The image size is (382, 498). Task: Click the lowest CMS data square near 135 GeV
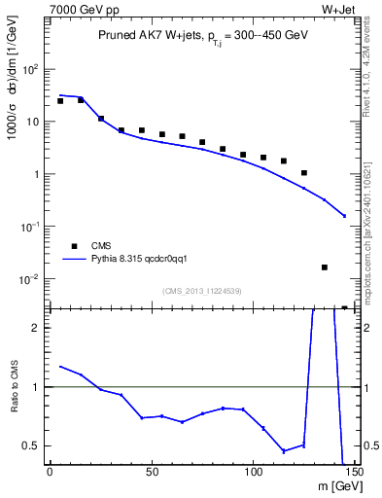(325, 267)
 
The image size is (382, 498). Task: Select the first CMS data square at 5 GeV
(60, 101)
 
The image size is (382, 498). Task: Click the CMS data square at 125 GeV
(304, 173)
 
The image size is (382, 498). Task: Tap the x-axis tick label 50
(151, 473)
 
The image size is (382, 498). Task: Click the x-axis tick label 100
(253, 473)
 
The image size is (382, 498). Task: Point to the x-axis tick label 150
(354, 473)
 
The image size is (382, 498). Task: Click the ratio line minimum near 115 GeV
(284, 451)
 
